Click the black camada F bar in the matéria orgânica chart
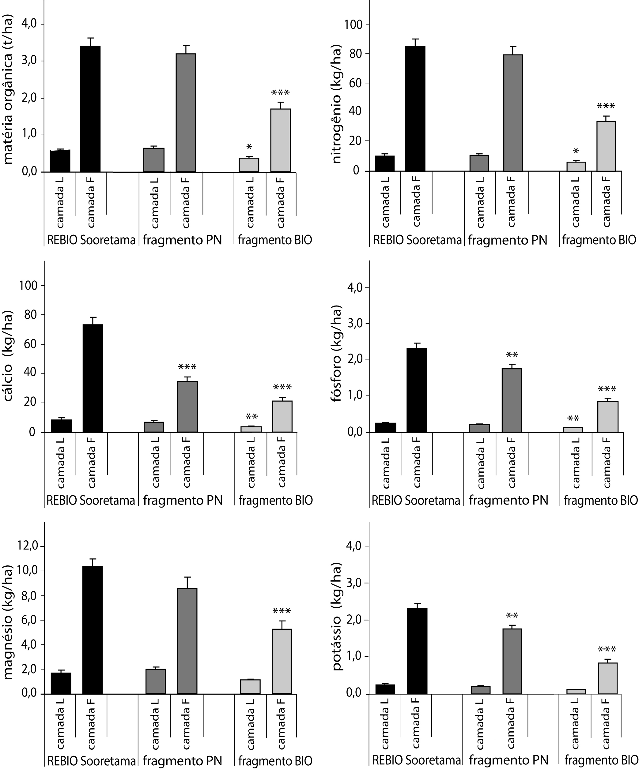(x=90, y=109)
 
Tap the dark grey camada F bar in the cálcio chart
(x=187, y=407)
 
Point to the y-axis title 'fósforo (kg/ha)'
(x=337, y=353)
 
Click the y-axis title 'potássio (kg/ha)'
(x=337, y=615)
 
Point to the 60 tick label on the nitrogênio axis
(x=353, y=83)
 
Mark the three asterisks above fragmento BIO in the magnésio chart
(x=282, y=612)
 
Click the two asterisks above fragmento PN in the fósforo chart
(x=512, y=354)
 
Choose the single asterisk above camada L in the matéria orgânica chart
(x=249, y=147)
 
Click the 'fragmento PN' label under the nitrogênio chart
(x=508, y=240)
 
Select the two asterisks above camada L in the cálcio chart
(x=252, y=417)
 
